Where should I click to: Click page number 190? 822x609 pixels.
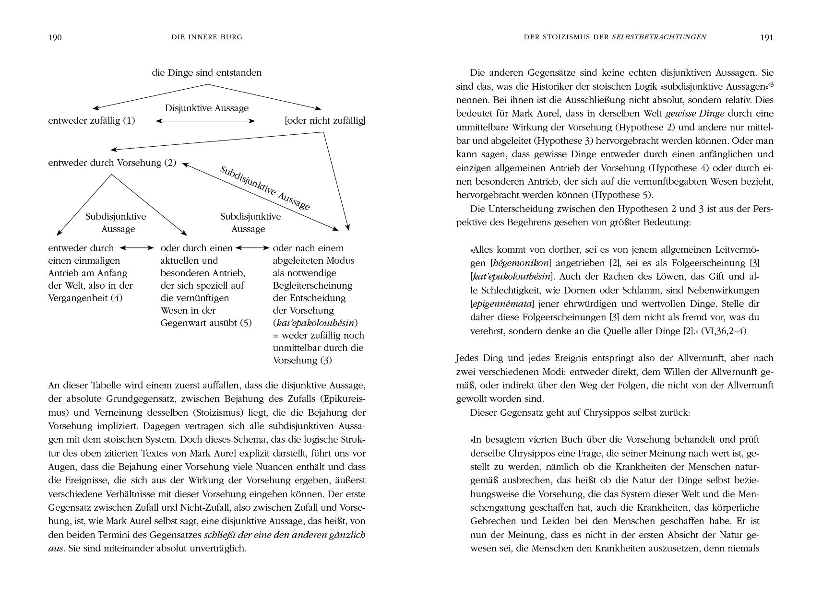55,38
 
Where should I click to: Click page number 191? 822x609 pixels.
767,38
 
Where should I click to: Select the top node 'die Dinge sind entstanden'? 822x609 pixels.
207,73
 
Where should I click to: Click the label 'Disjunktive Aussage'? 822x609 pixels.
207,108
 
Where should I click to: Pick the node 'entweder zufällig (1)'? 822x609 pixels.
92,120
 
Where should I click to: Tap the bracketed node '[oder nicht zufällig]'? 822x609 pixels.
325,120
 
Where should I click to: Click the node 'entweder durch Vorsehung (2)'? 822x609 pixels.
112,163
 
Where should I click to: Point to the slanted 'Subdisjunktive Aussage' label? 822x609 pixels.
265,187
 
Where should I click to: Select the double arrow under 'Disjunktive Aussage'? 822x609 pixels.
205,121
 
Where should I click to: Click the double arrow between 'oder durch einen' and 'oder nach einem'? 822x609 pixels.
252,248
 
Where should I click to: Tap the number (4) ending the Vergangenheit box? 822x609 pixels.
117,298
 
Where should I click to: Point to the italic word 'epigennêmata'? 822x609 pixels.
502,304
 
